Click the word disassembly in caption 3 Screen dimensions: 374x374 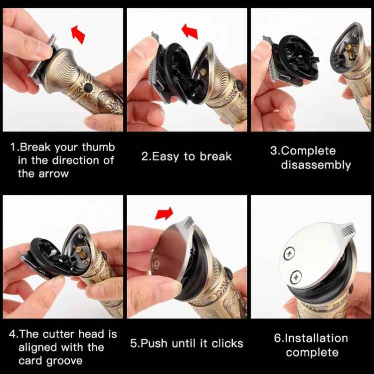pyautogui.click(x=316, y=165)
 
